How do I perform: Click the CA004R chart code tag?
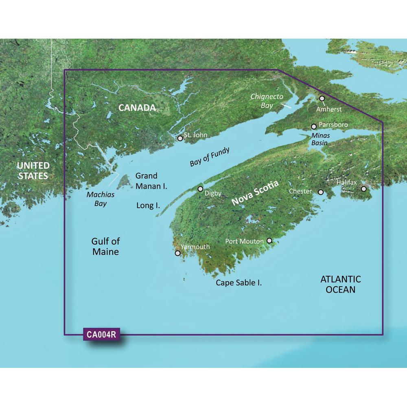pos(101,335)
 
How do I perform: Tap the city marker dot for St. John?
pos(180,138)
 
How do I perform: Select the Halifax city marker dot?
pos(364,189)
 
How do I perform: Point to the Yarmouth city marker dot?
pos(177,253)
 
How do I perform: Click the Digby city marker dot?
pos(200,189)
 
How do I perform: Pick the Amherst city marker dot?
pos(322,98)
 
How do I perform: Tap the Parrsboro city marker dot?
pos(314,127)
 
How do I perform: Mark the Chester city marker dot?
pos(321,192)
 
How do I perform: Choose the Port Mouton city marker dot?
pos(269,241)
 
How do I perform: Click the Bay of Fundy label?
pos(210,157)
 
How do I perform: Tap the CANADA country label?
pos(137,108)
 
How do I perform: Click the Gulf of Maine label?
pos(105,246)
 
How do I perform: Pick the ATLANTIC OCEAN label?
pos(341,284)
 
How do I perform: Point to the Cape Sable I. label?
pos(239,282)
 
